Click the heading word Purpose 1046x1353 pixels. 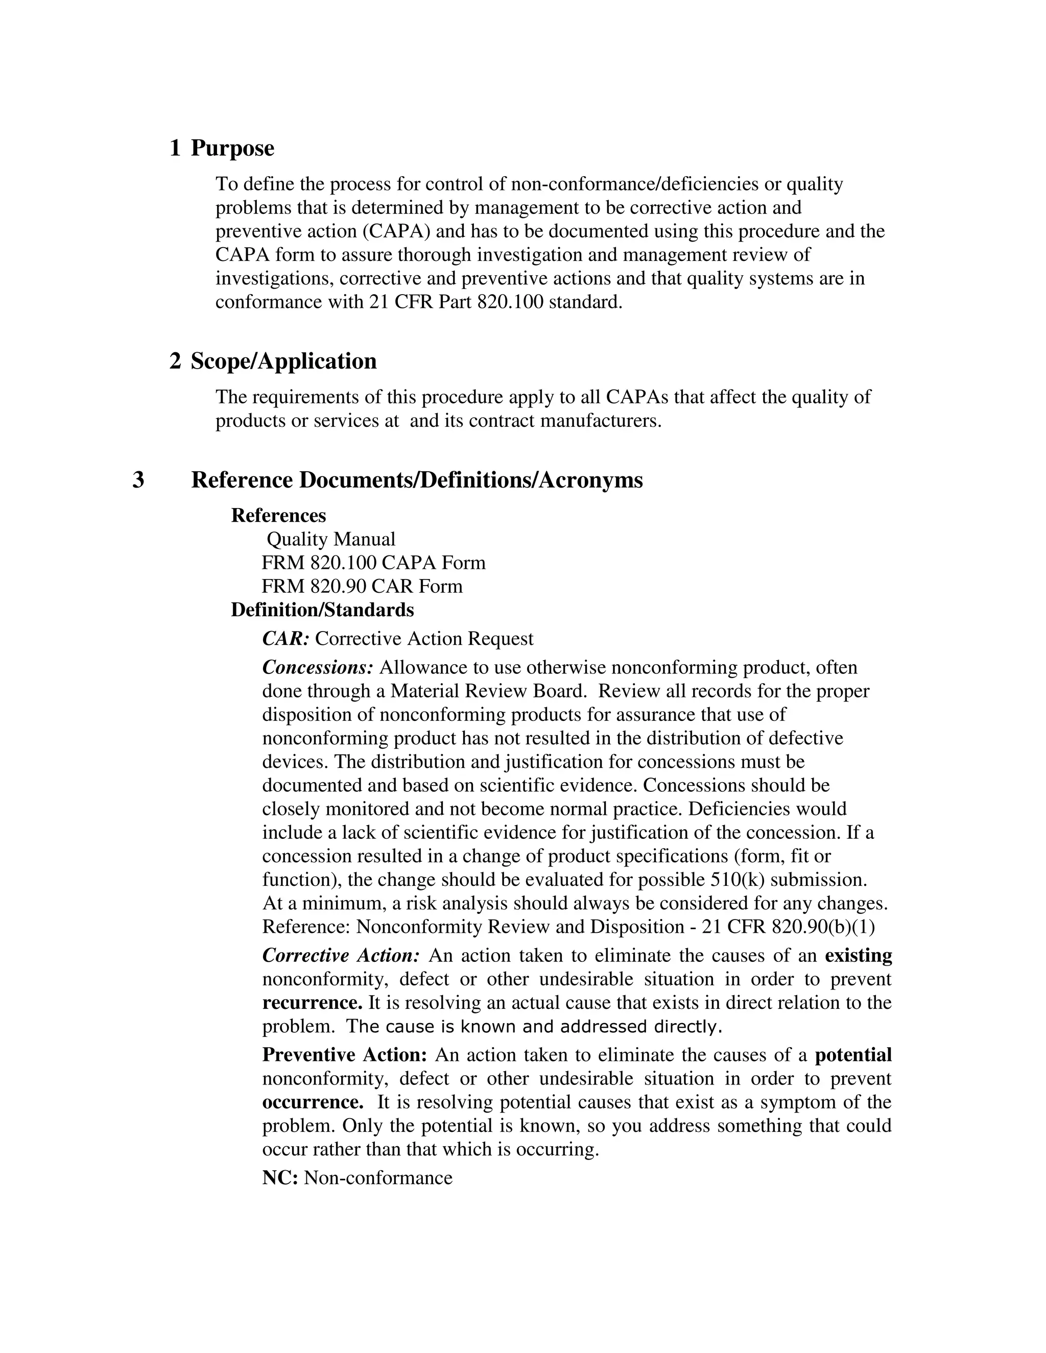point(232,148)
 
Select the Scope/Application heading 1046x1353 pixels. point(283,361)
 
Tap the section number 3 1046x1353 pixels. point(138,480)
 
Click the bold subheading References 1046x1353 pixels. point(278,516)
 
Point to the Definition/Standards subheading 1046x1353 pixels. point(322,610)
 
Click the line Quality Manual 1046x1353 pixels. point(331,540)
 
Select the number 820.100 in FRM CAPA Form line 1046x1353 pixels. point(343,563)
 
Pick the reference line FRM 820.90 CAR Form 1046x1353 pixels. point(362,587)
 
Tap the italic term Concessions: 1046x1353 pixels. point(318,668)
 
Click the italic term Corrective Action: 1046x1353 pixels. point(341,956)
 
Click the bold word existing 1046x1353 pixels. point(858,956)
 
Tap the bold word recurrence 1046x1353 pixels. point(312,1003)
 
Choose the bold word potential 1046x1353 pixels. point(853,1055)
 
